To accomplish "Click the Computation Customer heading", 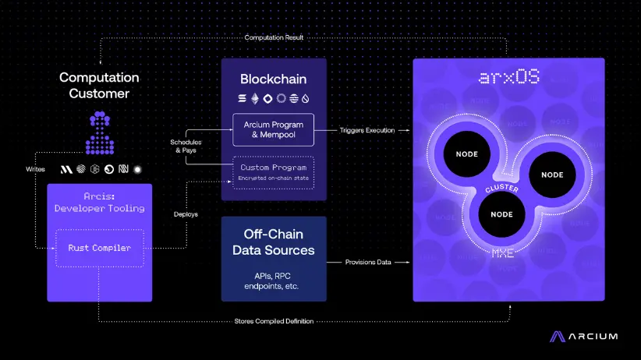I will click(99, 86).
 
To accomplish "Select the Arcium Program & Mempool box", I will click(273, 130).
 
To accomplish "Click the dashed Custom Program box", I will click(273, 172).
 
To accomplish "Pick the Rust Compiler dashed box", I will click(100, 248).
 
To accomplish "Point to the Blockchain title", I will click(273, 79).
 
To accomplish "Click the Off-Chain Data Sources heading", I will click(273, 242).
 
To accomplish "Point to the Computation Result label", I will click(274, 37).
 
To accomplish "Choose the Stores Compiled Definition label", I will click(274, 320).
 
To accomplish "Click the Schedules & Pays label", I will click(186, 146).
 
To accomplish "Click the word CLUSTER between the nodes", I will click(501, 189).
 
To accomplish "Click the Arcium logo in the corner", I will click(584, 337).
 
